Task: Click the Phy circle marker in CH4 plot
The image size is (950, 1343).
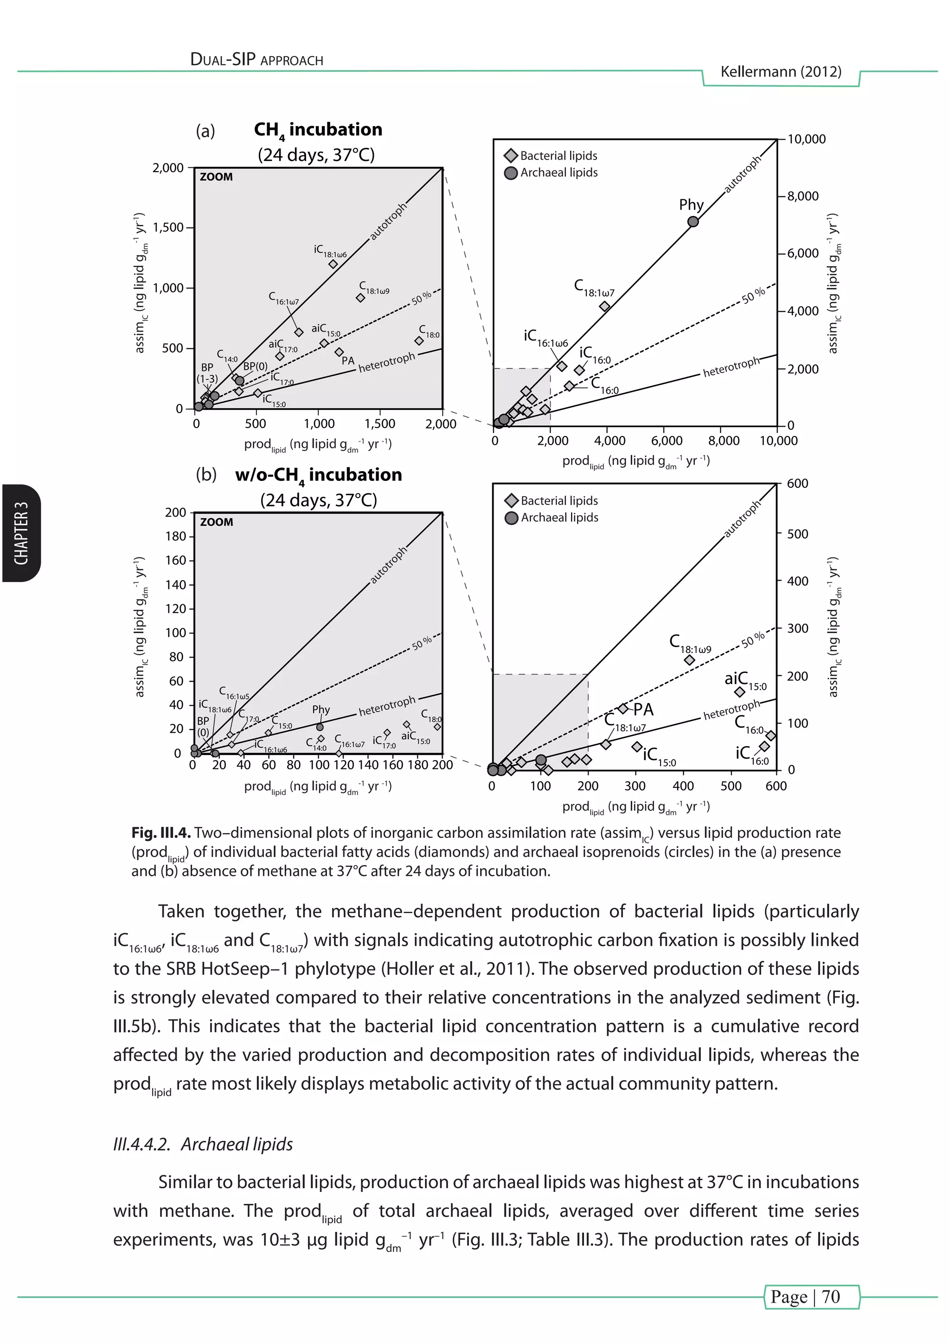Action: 693,222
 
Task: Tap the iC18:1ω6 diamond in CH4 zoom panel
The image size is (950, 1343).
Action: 333,264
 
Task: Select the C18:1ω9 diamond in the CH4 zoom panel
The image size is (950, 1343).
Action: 360,298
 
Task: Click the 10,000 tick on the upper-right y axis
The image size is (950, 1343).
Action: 806,139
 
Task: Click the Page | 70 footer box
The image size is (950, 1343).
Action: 811,1296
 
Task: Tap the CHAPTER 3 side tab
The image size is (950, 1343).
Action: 21,532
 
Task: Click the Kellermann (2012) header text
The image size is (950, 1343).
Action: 780,72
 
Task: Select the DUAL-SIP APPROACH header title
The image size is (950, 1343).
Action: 257,60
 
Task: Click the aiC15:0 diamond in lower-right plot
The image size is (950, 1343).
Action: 739,692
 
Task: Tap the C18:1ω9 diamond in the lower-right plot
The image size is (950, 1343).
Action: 690,660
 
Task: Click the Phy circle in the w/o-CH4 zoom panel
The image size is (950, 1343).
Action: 320,727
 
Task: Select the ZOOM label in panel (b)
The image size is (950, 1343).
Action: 217,522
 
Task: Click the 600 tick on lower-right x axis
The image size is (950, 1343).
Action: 776,786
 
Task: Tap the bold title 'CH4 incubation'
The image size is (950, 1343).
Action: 318,130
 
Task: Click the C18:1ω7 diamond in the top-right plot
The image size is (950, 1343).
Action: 605,307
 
